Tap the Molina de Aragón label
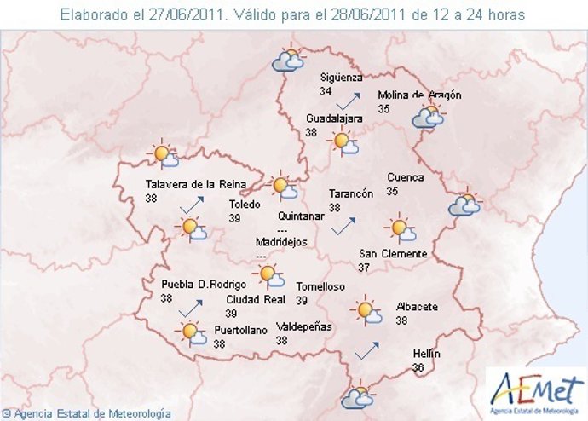click(419, 95)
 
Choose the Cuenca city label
click(405, 177)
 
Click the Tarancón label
click(351, 193)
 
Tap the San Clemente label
click(393, 254)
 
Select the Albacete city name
click(417, 307)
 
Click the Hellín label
click(426, 354)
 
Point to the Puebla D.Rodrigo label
click(204, 285)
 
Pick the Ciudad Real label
click(255, 300)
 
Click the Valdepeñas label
click(304, 326)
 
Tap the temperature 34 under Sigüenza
click(326, 91)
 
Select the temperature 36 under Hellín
click(418, 368)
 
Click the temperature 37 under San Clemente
click(364, 268)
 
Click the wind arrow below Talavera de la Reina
click(192, 205)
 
